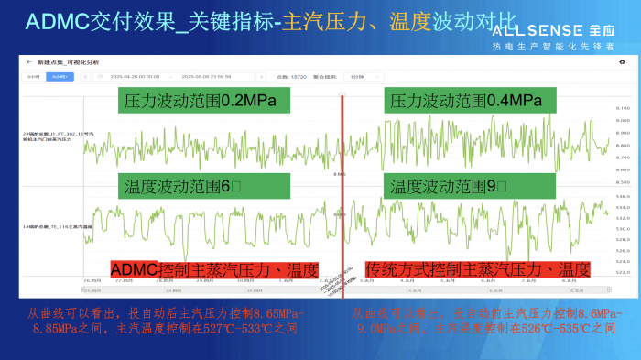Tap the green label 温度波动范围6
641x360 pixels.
pyautogui.click(x=182, y=187)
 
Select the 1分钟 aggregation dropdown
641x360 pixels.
pyautogui.click(x=359, y=77)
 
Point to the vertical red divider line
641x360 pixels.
pyautogui.click(x=342, y=183)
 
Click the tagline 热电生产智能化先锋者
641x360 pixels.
pyautogui.click(x=563, y=45)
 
